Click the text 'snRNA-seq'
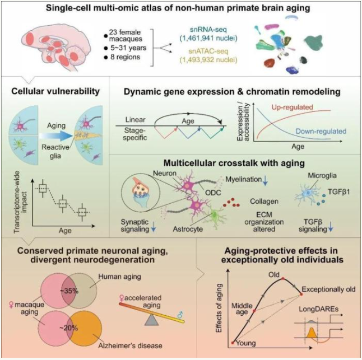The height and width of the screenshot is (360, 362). pyautogui.click(x=208, y=30)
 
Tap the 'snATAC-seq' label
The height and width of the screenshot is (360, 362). pyautogui.click(x=208, y=51)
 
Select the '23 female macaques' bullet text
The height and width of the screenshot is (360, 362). pyautogui.click(x=126, y=35)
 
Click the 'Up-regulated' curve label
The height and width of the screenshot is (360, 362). pyautogui.click(x=292, y=107)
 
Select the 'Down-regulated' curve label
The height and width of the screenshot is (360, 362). pyautogui.click(x=321, y=131)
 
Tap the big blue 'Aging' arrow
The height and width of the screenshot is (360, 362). pyautogui.click(x=56, y=136)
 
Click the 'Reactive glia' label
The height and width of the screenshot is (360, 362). pyautogui.click(x=55, y=151)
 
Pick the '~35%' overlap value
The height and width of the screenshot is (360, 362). pyautogui.click(x=69, y=291)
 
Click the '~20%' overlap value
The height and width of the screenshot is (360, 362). pyautogui.click(x=68, y=328)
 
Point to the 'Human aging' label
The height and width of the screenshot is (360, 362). pyautogui.click(x=119, y=277)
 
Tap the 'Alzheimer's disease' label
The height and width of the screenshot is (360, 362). pyautogui.click(x=130, y=345)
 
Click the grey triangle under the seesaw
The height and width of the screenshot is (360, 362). pyautogui.click(x=151, y=320)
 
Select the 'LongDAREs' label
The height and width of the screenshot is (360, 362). pyautogui.click(x=319, y=309)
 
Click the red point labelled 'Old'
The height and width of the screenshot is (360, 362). pyautogui.click(x=283, y=279)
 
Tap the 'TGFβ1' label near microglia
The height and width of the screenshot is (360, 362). pyautogui.click(x=339, y=191)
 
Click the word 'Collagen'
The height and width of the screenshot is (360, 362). pyautogui.click(x=264, y=202)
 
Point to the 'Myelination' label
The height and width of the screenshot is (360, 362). pyautogui.click(x=244, y=179)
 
